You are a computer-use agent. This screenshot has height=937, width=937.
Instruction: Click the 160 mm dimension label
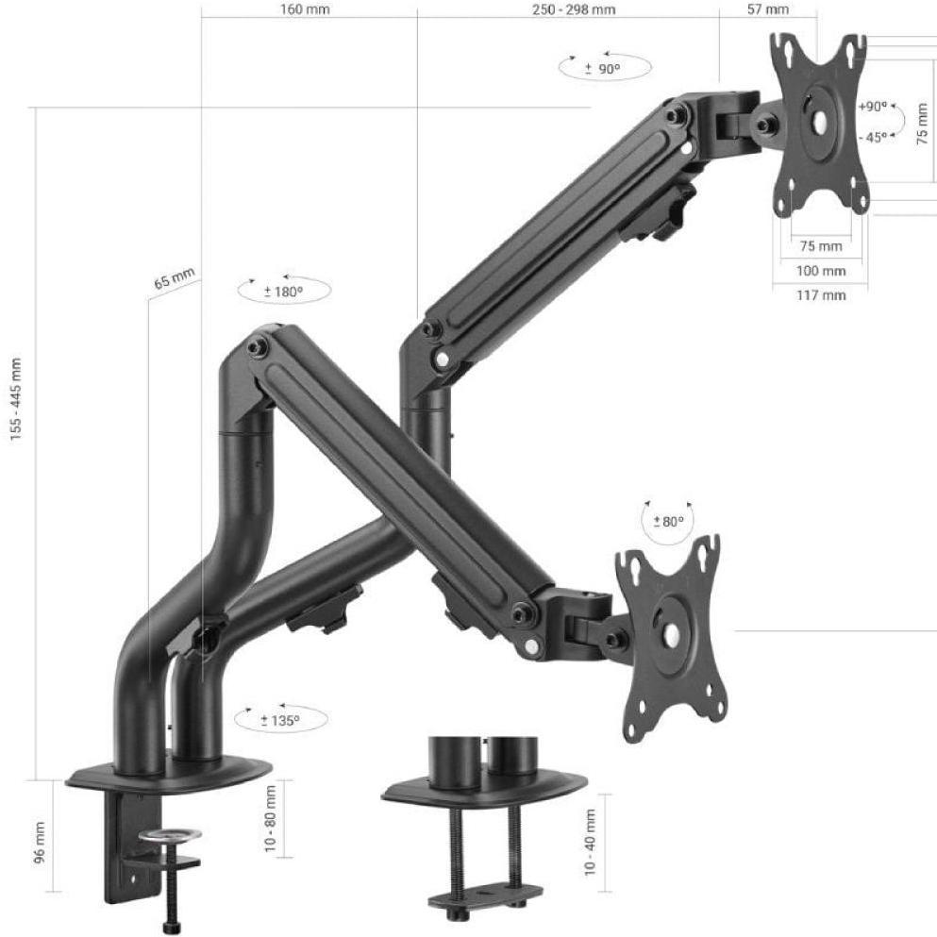(x=304, y=9)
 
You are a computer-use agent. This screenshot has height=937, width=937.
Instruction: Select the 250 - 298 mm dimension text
(x=574, y=9)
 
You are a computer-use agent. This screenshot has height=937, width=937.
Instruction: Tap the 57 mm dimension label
(x=768, y=9)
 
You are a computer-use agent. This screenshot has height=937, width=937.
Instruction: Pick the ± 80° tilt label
(x=668, y=522)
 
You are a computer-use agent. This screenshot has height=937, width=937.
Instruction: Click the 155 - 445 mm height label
(x=15, y=399)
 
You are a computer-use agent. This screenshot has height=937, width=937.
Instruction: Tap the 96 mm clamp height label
(x=40, y=843)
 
